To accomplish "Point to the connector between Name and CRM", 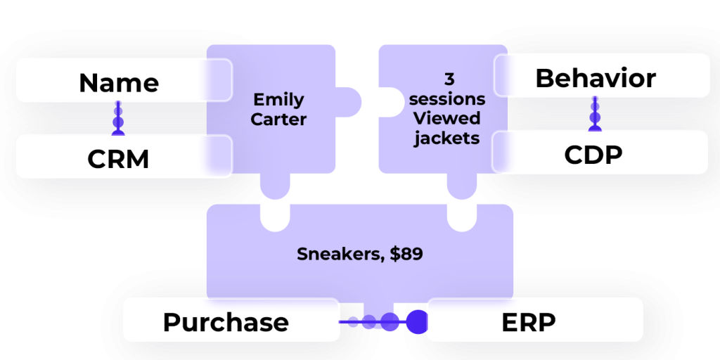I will coord(118,118).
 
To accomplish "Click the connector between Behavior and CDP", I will coord(595,113).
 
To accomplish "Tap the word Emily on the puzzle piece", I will coord(278,99).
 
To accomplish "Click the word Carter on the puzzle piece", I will coord(278,119).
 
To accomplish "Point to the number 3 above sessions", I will coord(448,79).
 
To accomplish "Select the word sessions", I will coord(447,98).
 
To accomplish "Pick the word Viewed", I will coord(447,117).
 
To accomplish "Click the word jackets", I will coord(447,137).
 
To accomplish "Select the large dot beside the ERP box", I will coord(417,321).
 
